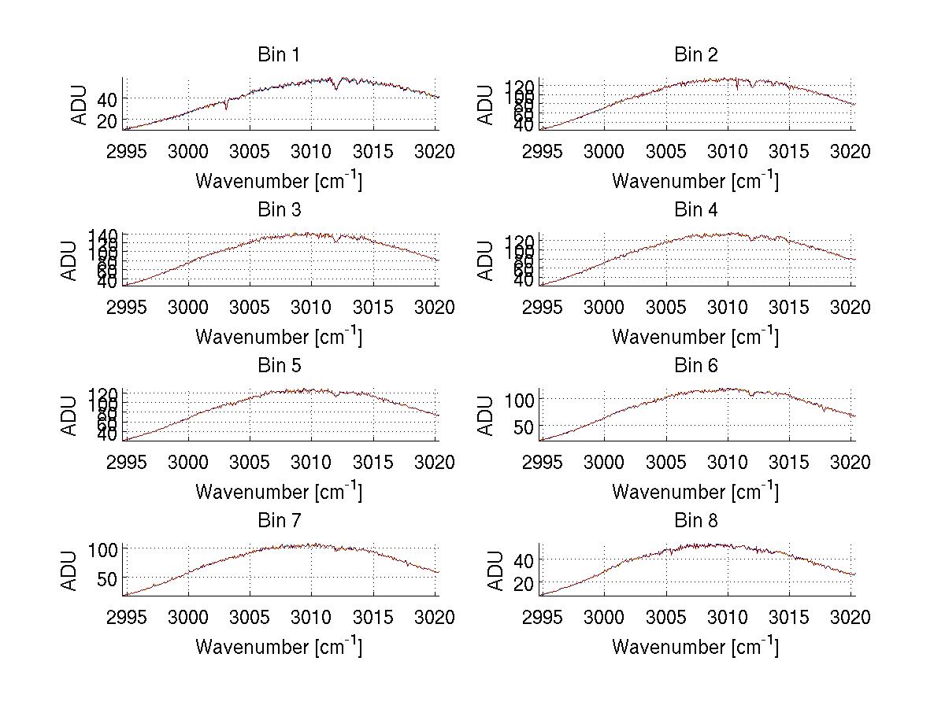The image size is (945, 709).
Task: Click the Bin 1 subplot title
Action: click(x=279, y=55)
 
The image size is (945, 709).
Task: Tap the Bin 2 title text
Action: click(x=696, y=55)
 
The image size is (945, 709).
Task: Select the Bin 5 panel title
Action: click(x=279, y=366)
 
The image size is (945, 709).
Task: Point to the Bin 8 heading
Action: click(x=696, y=521)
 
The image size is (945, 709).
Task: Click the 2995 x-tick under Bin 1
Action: click(x=126, y=151)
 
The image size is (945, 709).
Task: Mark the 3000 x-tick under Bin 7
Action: click(x=188, y=618)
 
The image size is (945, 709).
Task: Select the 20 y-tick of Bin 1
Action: click(x=107, y=120)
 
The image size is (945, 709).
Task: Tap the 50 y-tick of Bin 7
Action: click(x=107, y=578)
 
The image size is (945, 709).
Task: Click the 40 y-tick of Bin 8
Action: click(x=524, y=559)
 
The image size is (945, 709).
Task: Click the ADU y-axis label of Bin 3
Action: click(x=70, y=260)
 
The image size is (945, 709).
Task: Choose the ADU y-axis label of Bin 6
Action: click(x=487, y=415)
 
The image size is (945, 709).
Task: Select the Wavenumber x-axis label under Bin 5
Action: click(x=279, y=492)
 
